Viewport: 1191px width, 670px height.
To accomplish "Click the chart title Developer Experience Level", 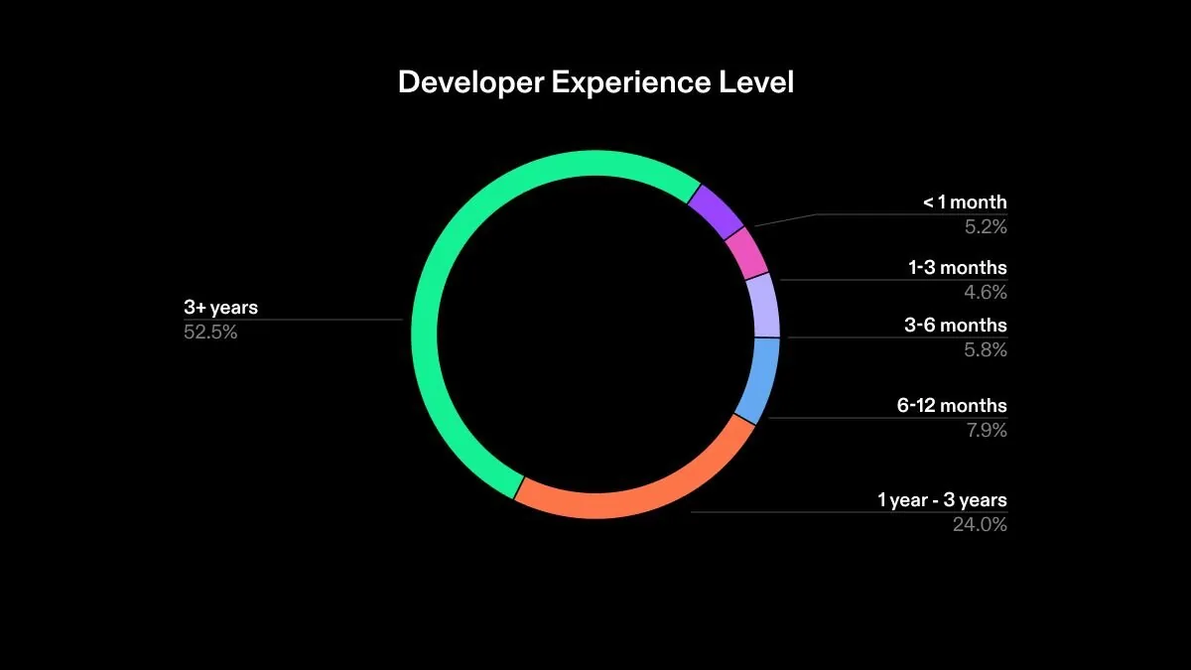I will click(x=595, y=82).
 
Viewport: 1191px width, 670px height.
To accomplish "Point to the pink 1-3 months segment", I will click(x=746, y=254).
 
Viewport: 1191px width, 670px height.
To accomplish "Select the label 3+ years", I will click(x=220, y=308).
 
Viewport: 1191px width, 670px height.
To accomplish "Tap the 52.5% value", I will click(x=210, y=333).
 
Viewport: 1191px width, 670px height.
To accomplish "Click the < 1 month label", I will click(x=965, y=202).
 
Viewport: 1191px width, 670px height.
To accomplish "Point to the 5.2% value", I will click(x=986, y=227).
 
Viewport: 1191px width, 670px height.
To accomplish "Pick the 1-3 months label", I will click(x=957, y=268).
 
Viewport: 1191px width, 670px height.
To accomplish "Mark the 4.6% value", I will click(x=986, y=293).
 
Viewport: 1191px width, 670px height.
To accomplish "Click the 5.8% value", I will click(x=986, y=350).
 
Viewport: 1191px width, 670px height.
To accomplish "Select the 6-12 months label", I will click(x=952, y=406).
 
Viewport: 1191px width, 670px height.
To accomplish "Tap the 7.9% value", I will click(x=986, y=431).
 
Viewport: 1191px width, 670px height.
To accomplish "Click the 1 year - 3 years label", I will click(x=942, y=500).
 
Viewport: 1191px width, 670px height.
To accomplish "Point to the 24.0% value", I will click(x=980, y=525).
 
